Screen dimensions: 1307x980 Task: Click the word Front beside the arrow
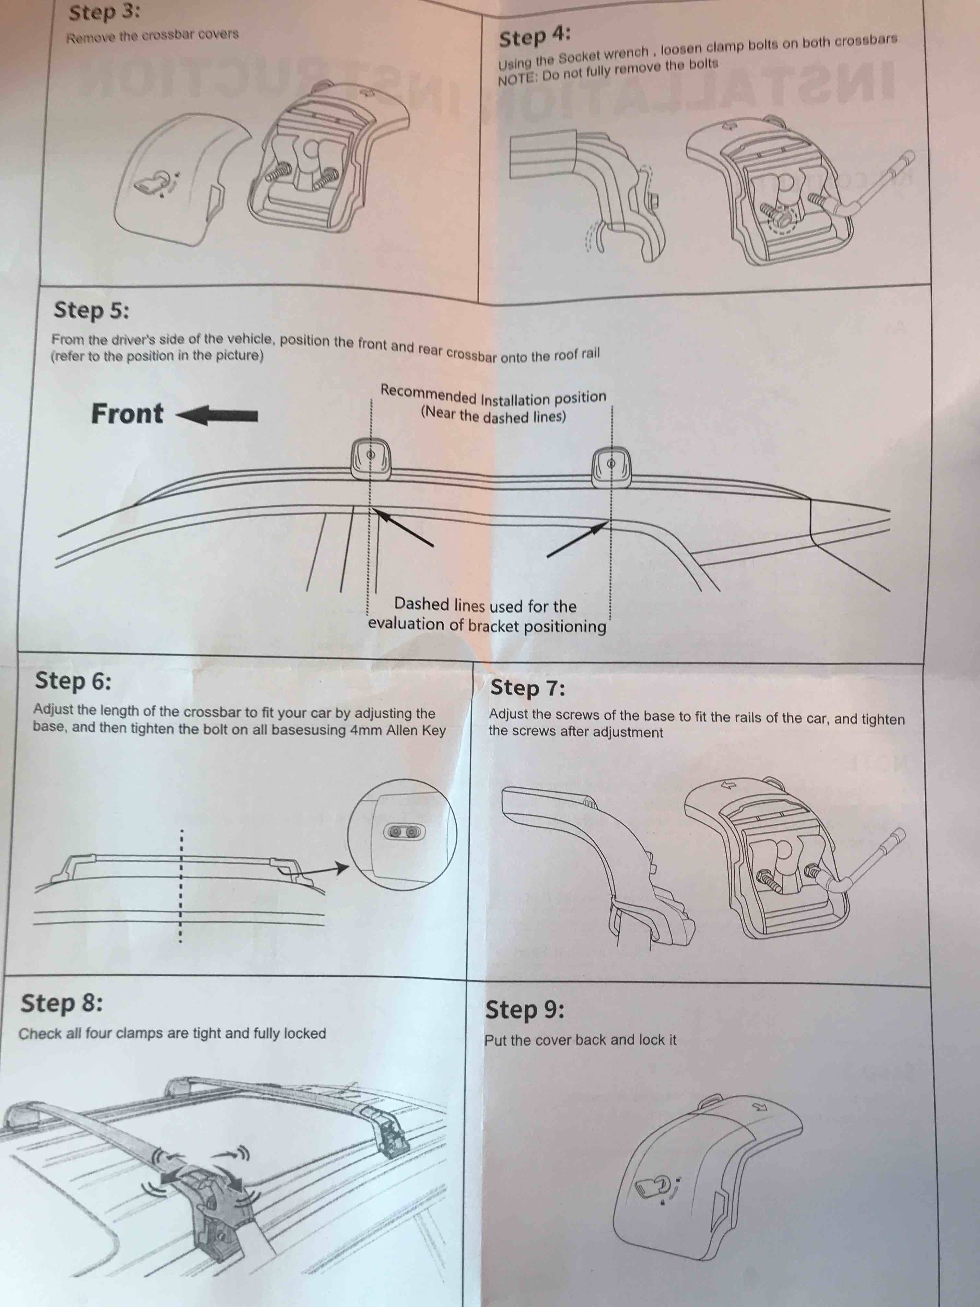(x=127, y=414)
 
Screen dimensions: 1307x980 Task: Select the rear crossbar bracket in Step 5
(x=611, y=467)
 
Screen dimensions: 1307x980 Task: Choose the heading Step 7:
(x=528, y=689)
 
